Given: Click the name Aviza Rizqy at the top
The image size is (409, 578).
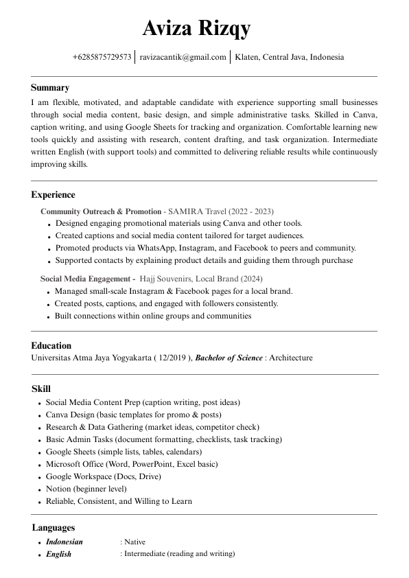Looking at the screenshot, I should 196,28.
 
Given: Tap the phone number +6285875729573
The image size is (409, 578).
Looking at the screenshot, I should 102,58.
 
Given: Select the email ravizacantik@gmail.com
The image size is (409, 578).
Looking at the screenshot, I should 183,58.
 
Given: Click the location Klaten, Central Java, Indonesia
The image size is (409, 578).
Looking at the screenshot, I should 289,58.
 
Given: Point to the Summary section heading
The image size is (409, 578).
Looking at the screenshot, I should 50,88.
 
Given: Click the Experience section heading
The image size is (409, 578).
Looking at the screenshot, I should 53,195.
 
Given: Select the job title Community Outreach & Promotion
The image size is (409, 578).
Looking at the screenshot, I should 100,211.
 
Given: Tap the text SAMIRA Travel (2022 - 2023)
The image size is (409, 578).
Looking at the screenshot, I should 220,211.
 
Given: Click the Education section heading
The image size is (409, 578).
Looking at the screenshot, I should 51,346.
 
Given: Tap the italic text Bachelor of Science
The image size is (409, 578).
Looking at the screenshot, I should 229,358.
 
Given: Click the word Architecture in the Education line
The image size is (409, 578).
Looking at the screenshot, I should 290,358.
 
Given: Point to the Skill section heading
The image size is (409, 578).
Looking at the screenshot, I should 40,389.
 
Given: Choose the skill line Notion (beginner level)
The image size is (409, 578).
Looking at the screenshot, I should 86,489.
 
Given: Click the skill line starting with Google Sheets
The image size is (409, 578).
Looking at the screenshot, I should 124,452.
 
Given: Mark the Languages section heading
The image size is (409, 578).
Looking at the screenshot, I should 53,528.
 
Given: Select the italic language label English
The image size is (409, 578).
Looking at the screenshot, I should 58,554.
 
